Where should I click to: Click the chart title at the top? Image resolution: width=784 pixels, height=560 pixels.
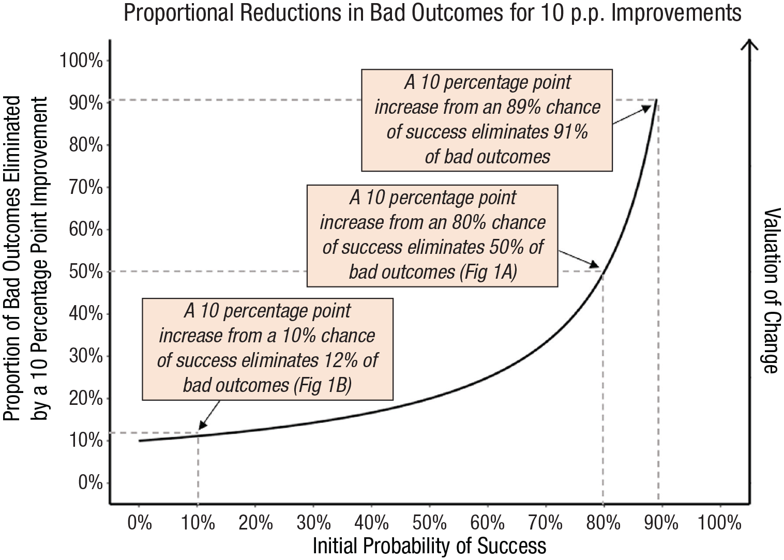(x=433, y=13)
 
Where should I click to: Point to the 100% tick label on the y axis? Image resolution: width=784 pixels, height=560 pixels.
(x=81, y=60)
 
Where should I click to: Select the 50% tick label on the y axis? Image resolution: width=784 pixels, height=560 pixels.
(x=86, y=271)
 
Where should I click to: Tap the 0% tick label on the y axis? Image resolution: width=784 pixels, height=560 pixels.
(x=91, y=482)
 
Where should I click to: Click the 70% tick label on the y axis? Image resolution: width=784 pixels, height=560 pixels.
(x=86, y=187)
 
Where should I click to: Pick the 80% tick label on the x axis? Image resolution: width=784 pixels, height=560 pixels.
(x=603, y=523)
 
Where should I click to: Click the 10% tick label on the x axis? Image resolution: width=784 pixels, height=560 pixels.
(x=198, y=523)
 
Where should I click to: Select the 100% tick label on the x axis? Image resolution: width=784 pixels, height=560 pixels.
(x=719, y=523)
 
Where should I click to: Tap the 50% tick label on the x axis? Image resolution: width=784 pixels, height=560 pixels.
(x=429, y=523)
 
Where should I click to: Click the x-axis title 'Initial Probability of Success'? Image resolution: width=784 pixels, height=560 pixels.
(x=429, y=546)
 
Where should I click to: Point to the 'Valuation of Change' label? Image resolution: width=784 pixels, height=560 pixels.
(x=772, y=291)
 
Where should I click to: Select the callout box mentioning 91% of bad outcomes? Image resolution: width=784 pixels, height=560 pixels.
(x=487, y=120)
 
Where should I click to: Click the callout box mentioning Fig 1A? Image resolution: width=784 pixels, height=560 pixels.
(x=432, y=236)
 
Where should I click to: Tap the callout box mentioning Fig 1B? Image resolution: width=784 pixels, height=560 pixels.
(x=267, y=349)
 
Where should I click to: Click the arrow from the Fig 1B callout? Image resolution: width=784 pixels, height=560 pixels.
(x=209, y=415)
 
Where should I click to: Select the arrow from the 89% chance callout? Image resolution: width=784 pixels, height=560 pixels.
(x=632, y=115)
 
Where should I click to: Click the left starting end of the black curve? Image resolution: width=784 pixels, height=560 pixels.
(x=139, y=441)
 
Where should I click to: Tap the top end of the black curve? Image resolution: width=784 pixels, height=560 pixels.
(x=657, y=100)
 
